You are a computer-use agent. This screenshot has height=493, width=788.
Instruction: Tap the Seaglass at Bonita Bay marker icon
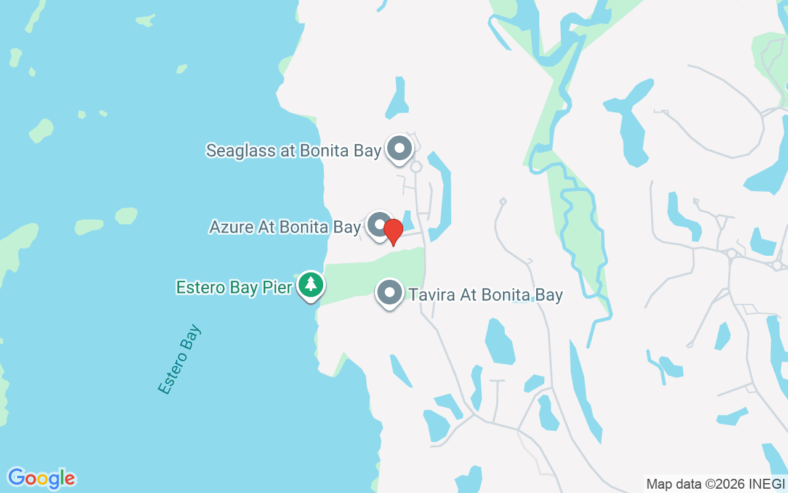tap(400, 149)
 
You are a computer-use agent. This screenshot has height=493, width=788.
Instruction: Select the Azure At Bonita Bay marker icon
tap(380, 225)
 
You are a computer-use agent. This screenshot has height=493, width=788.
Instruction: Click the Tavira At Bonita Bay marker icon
tap(389, 293)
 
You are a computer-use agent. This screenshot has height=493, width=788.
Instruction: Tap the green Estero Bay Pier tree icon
tap(312, 285)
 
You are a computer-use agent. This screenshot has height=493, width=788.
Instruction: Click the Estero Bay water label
tap(179, 359)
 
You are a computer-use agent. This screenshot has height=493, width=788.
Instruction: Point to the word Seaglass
tap(241, 151)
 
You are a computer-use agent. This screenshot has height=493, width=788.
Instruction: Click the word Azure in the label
tap(231, 227)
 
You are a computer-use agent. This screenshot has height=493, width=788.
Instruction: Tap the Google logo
tap(41, 478)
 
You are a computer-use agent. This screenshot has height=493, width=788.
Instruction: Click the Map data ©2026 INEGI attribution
tap(715, 484)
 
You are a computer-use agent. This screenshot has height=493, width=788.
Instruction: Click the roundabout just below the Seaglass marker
tap(416, 167)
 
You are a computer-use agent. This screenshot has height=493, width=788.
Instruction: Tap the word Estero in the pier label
tap(197, 288)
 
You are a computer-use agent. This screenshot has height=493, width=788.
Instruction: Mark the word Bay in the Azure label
tap(347, 227)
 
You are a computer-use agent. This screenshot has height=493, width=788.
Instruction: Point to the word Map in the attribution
tap(659, 484)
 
